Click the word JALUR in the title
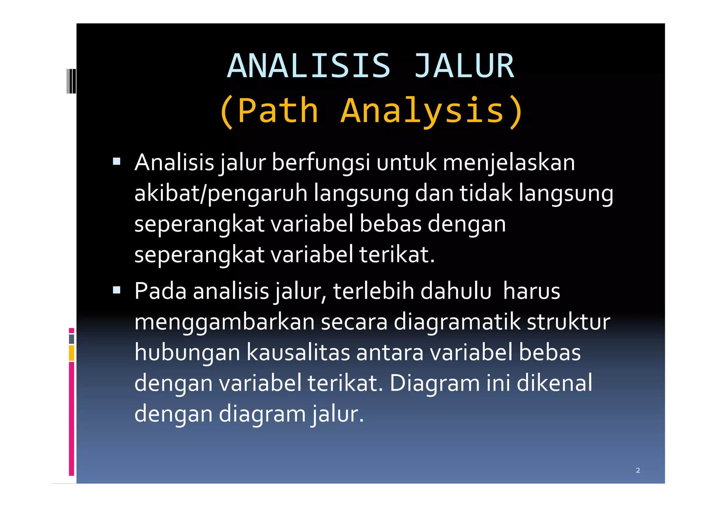point(464,66)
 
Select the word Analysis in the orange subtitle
point(422,111)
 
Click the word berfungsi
point(321,163)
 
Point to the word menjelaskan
point(509,163)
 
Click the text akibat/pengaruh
point(221,193)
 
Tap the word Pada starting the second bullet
point(160,291)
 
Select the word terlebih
point(373,291)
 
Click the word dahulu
point(456,291)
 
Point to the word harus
point(531,291)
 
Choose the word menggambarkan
point(224,322)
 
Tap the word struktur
point(568,322)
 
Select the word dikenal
point(555,383)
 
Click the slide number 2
point(638,470)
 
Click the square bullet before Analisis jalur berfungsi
point(117,162)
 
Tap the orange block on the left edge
point(71,353)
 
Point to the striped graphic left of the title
point(71,81)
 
